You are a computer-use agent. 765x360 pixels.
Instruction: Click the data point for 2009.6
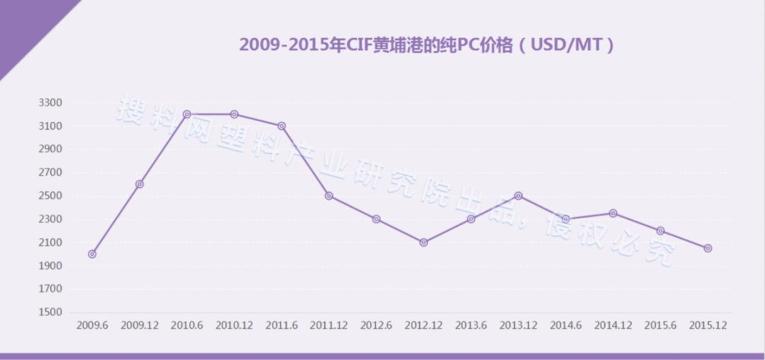coord(92,254)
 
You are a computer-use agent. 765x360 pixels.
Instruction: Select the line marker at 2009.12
coord(140,184)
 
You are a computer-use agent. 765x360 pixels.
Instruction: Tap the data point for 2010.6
coord(187,114)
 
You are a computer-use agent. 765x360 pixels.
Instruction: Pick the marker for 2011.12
coord(329,196)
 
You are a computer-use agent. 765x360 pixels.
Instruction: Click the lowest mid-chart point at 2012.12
coord(424,242)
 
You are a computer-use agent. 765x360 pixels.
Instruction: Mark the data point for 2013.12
coord(518,196)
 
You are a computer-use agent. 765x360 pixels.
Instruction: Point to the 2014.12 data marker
coord(613,213)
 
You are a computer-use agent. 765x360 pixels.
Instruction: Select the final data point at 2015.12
coord(708,248)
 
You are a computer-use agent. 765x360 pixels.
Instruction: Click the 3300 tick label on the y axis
coord(50,103)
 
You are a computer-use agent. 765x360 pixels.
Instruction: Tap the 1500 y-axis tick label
coord(50,313)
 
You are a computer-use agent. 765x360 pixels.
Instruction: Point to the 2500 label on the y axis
coord(50,196)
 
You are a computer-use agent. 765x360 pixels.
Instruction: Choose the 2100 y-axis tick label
coord(50,242)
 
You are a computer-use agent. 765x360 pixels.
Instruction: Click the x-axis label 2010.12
coord(234,325)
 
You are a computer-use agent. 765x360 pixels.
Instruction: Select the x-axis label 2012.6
coord(376,325)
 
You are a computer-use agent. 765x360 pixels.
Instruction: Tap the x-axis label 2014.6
coord(566,325)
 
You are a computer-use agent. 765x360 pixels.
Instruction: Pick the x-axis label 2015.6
coord(660,325)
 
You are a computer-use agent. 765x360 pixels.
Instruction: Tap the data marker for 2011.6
coord(282,125)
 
